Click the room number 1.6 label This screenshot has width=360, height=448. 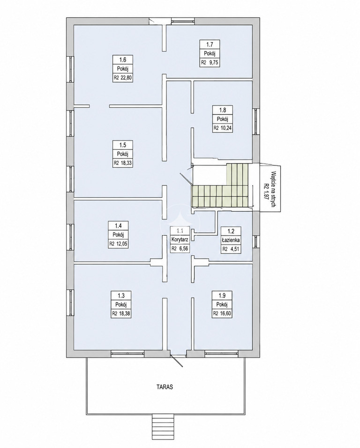click(122, 60)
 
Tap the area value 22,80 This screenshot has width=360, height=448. click(127, 77)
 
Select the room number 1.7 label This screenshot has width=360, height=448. click(210, 45)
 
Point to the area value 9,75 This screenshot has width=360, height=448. click(214, 62)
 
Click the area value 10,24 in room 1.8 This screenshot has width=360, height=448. click(226, 128)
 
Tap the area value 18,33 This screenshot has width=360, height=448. click(127, 163)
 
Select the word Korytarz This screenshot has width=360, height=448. click(180, 239)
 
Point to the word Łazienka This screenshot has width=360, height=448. click(231, 240)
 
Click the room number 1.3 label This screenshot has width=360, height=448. click(121, 295)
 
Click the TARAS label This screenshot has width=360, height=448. click(165, 388)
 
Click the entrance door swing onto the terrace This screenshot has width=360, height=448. click(177, 361)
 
